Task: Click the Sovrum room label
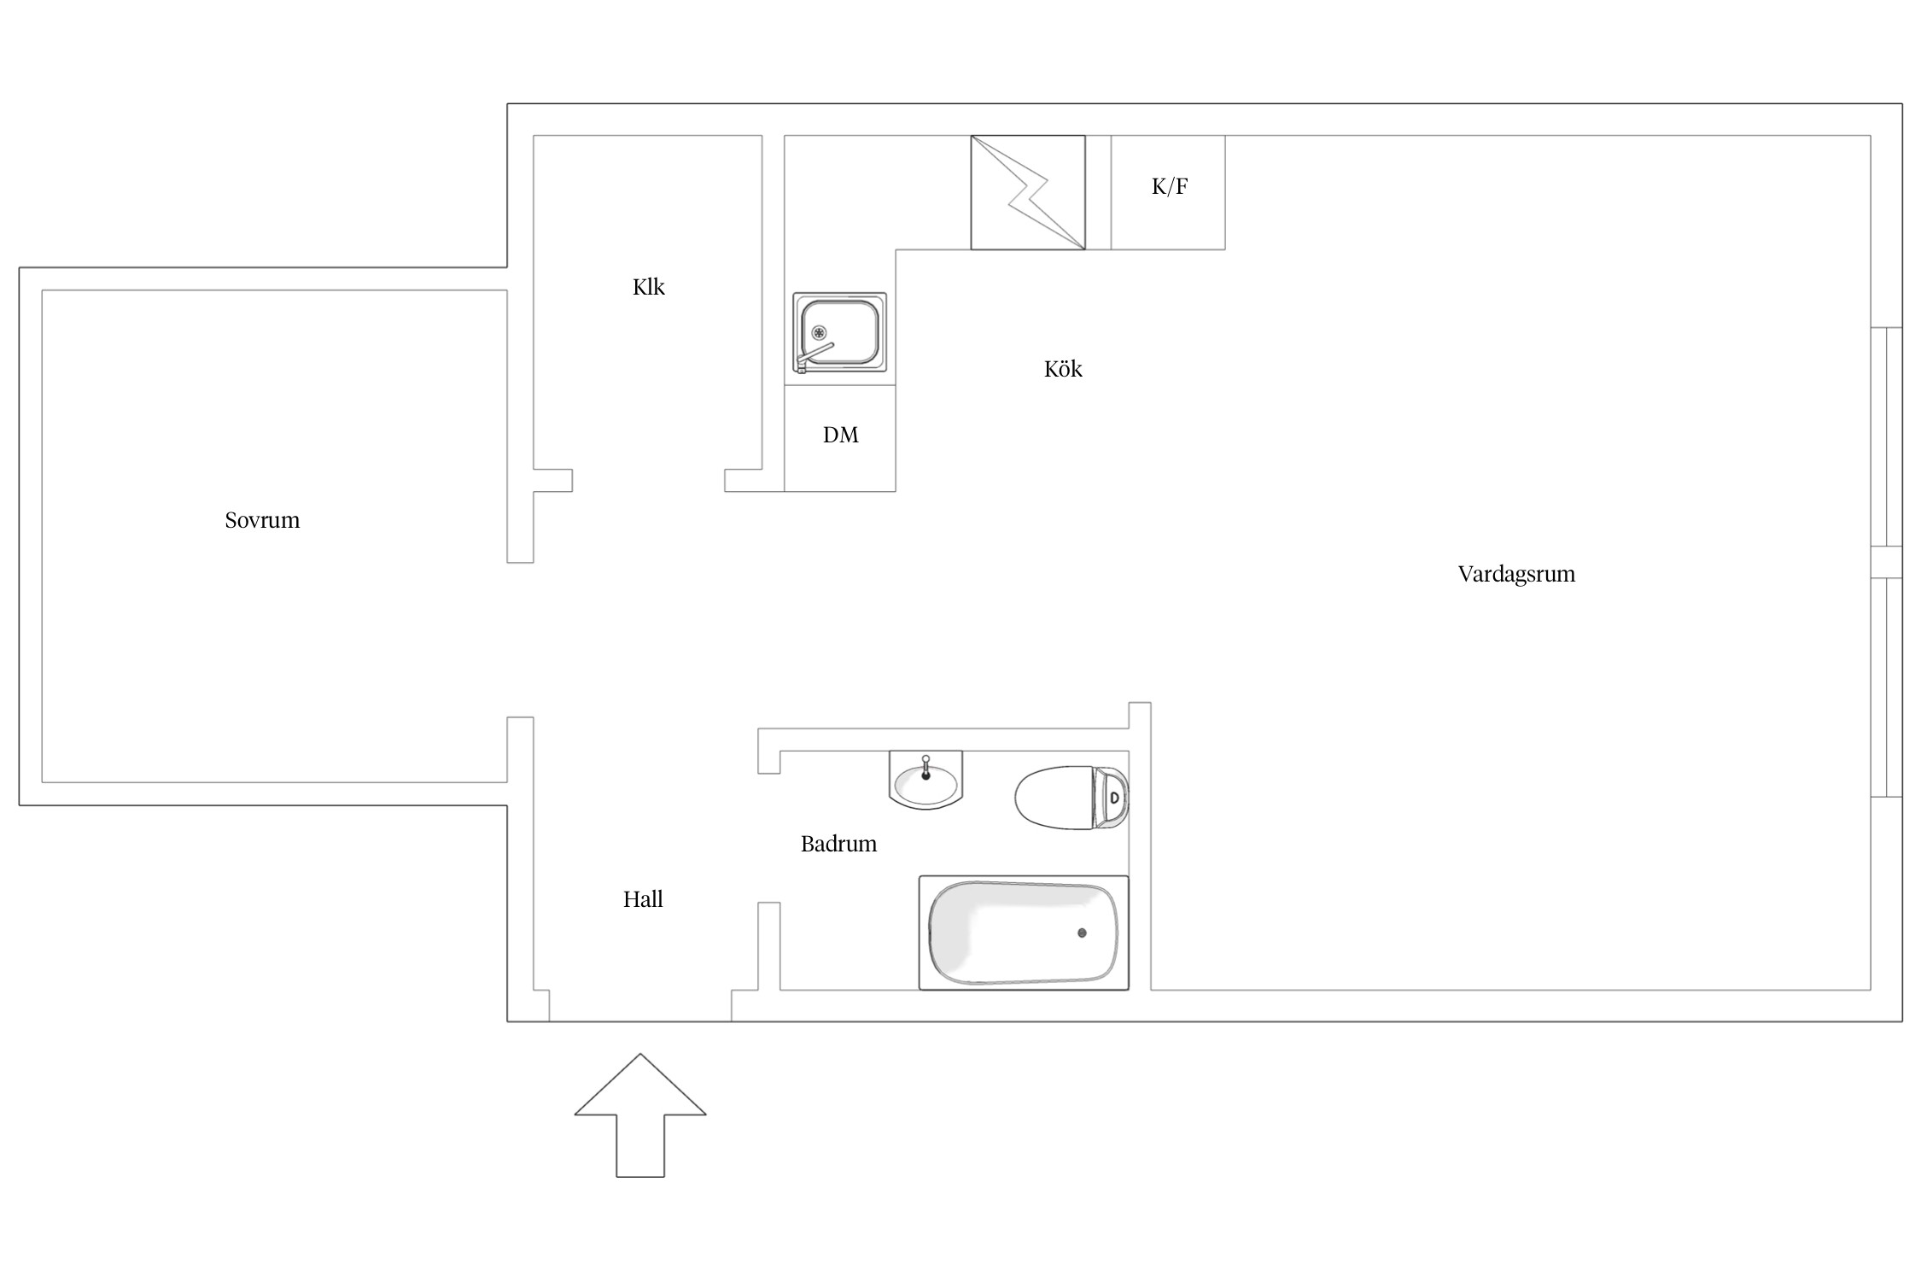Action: tap(262, 520)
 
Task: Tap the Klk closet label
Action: tap(649, 287)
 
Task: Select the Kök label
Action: tap(1063, 369)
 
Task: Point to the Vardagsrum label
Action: tap(1516, 574)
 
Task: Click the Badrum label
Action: tap(838, 844)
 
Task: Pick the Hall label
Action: tap(643, 899)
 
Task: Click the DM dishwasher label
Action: tap(841, 435)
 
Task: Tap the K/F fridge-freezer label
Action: tap(1170, 186)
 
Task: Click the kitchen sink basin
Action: tap(840, 331)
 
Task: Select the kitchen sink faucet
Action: tap(814, 356)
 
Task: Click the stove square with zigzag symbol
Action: tap(1028, 192)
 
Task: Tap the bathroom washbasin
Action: tap(925, 780)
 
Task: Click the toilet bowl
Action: tap(1054, 798)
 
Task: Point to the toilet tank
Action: tap(1112, 798)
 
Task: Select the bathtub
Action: tap(1024, 933)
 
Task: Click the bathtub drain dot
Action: tap(1082, 933)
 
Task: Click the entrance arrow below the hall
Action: tap(640, 1114)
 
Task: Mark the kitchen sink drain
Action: tap(820, 332)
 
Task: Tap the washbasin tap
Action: tap(925, 767)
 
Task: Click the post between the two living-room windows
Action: tap(1886, 562)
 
